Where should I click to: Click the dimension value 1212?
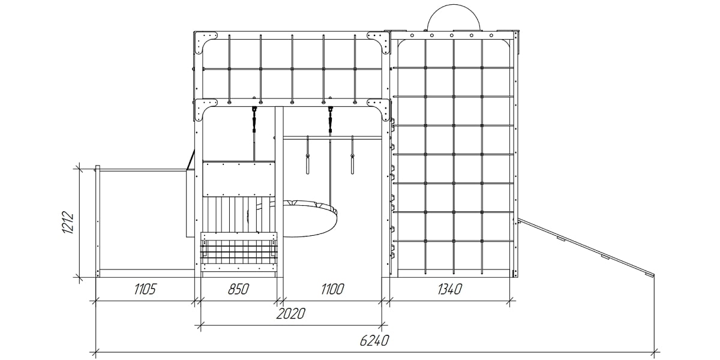tap(68, 223)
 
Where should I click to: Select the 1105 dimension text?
tap(145, 289)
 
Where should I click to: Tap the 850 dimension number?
tap(238, 289)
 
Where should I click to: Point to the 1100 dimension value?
tap(332, 289)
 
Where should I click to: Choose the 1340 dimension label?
tap(449, 289)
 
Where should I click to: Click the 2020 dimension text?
tap(291, 314)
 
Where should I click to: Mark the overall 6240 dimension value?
tap(374, 340)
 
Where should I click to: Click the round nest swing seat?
tap(310, 219)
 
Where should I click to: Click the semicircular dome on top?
tap(454, 17)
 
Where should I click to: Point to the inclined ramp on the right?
tap(586, 247)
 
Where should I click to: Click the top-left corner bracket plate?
tap(205, 43)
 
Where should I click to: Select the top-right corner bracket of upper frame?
tap(379, 43)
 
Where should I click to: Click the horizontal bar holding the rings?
tap(332, 138)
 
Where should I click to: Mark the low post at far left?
tap(97, 221)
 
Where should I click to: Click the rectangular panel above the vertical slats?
tap(239, 179)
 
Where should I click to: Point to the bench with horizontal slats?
tap(239, 253)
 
